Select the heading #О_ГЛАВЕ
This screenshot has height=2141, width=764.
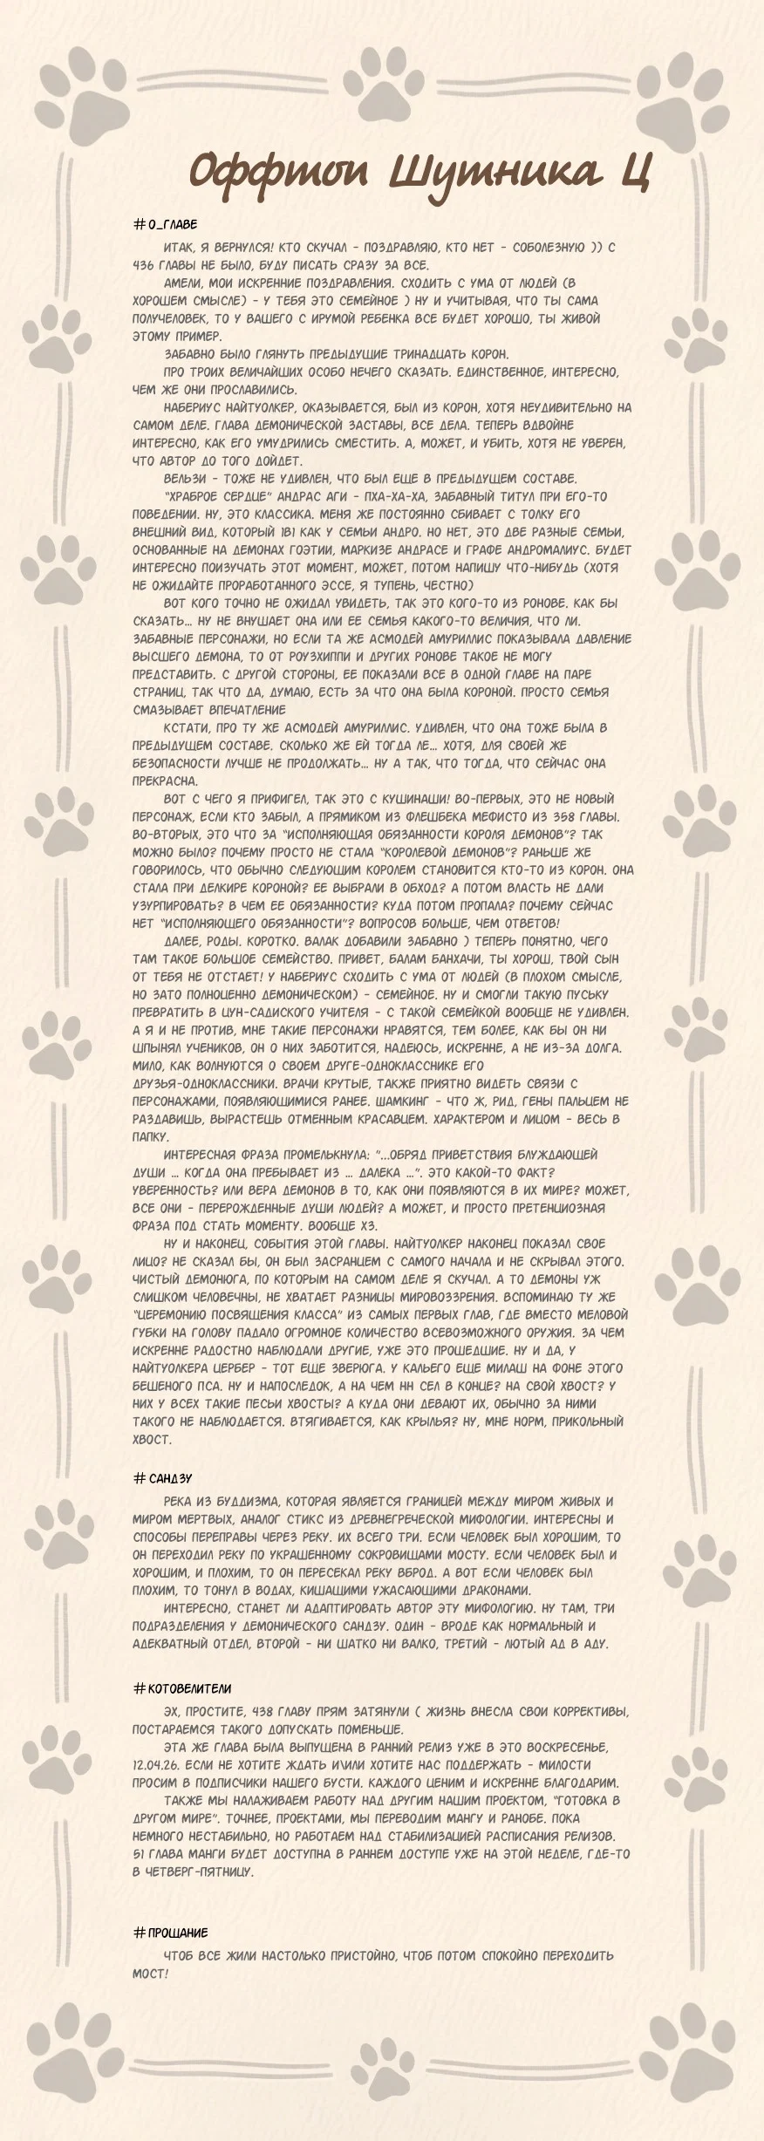[166, 225]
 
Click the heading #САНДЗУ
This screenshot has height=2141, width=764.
[163, 1478]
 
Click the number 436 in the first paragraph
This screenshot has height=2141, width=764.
[144, 265]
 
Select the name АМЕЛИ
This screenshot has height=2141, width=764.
[182, 283]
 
